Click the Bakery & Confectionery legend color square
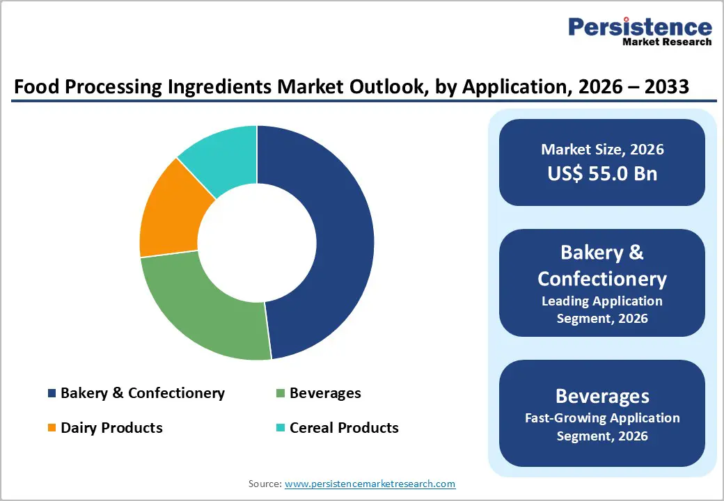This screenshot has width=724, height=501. (x=52, y=394)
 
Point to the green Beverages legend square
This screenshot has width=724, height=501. (x=281, y=394)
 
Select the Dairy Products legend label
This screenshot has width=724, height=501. (x=111, y=428)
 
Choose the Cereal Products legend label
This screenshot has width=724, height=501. (x=344, y=428)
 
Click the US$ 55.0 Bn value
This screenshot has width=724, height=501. (x=601, y=173)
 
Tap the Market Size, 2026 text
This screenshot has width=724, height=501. (x=601, y=150)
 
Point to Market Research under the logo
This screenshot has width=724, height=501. (x=667, y=42)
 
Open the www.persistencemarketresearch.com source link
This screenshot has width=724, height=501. (x=370, y=484)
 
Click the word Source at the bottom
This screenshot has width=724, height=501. (x=264, y=484)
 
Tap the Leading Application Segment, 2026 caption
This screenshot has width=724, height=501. (x=601, y=310)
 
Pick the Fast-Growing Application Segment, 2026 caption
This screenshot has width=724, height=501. (x=601, y=427)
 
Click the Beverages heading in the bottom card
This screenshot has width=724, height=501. (x=601, y=396)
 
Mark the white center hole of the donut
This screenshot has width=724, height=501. (x=257, y=243)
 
